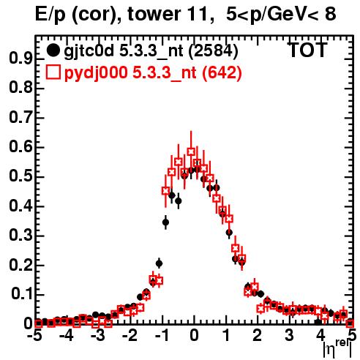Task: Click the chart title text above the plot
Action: point(186,15)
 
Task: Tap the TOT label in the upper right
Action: point(308,50)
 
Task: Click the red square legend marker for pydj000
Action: point(53,72)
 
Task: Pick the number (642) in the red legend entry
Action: point(222,72)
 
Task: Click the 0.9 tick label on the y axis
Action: point(20,59)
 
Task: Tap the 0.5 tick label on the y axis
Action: point(20,176)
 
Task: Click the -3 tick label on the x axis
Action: point(98,335)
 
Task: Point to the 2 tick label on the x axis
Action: point(257,335)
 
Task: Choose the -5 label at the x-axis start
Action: point(36,335)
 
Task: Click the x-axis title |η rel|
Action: point(337,349)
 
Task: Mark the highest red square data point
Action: point(191,151)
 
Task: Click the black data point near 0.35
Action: point(166,222)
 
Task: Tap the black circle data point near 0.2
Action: point(159,263)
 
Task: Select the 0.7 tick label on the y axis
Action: point(20,118)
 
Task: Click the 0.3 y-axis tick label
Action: point(20,235)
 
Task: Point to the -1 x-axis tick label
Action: point(162,335)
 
